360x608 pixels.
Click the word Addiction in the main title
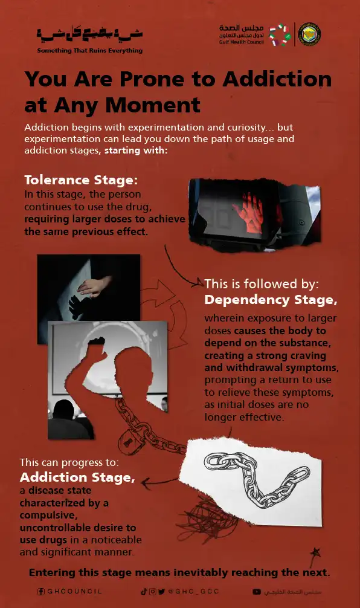pos(277,79)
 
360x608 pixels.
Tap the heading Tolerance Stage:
pos(81,180)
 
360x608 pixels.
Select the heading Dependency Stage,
pos(271,300)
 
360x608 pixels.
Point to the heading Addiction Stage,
pos(77,477)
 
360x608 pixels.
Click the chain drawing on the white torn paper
pos(257,479)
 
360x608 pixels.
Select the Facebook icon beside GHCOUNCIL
pos(40,592)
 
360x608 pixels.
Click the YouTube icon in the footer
pos(257,592)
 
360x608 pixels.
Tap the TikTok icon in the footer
pos(144,591)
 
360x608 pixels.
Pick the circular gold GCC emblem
pos(309,34)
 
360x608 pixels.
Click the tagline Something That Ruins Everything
pos(90,50)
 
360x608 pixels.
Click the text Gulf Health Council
pos(242,42)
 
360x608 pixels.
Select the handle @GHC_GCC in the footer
pos(193,591)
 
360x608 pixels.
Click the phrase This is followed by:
pos(262,284)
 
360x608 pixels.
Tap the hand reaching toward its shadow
pos(93,288)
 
